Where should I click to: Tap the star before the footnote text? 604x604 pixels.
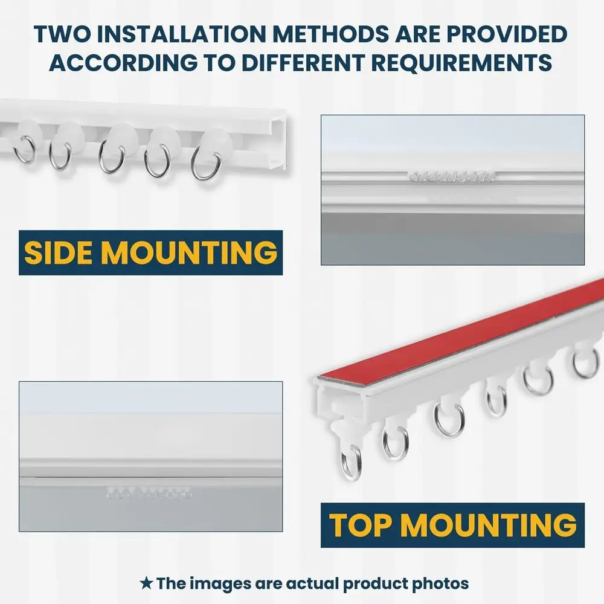pyautogui.click(x=146, y=583)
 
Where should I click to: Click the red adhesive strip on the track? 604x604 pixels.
pyautogui.click(x=459, y=338)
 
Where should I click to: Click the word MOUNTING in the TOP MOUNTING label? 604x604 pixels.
pyautogui.click(x=489, y=525)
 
